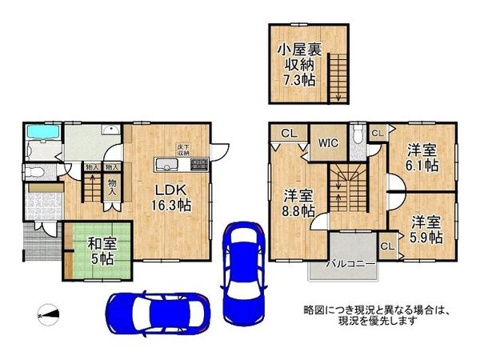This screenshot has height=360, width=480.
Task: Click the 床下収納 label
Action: pos(182,148)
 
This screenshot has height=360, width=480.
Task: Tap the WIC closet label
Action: pos(328,144)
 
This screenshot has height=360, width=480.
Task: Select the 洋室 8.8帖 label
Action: pos(298,202)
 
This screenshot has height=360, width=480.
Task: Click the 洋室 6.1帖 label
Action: pos(422,157)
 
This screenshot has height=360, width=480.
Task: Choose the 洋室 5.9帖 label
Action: pos(425,228)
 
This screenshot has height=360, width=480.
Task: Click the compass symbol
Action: pos(48,313)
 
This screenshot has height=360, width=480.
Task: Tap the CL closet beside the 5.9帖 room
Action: pos(388,246)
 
